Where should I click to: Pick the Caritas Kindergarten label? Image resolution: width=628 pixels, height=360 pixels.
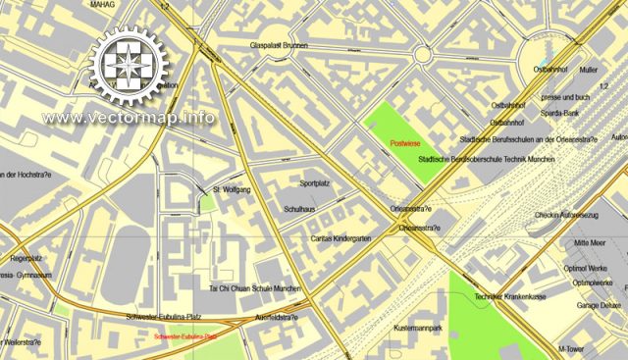pos(327,238)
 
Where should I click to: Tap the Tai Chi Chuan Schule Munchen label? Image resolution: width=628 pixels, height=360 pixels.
pos(255,289)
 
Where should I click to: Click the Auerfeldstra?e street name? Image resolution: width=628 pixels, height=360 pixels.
pos(277,318)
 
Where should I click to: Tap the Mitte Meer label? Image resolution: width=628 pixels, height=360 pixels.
pos(591,241)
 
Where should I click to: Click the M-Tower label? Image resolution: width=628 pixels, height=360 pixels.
pos(571,348)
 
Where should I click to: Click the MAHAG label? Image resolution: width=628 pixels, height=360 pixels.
pos(101,5)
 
